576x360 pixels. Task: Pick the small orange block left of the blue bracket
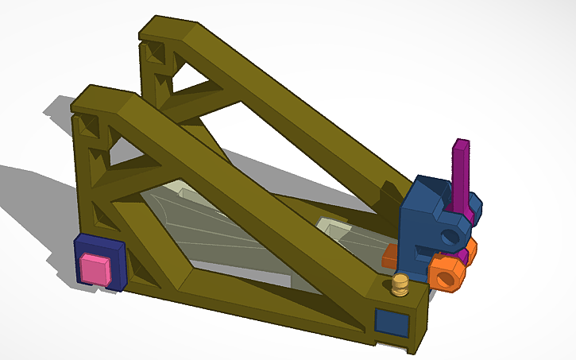(x=390, y=256)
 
